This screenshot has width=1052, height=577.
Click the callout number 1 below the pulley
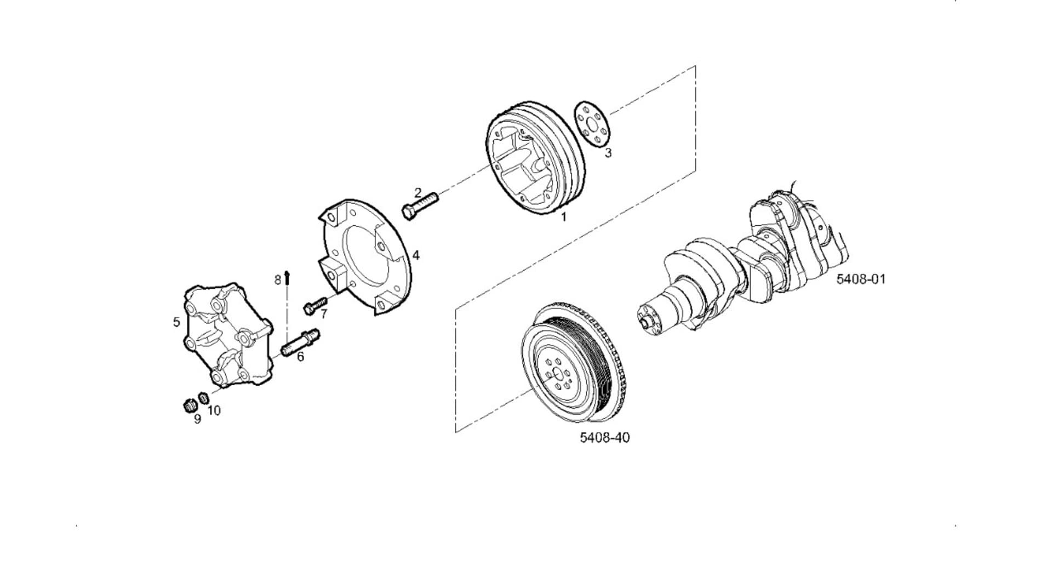pyautogui.click(x=563, y=217)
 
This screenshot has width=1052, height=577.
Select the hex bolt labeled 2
pyautogui.click(x=420, y=205)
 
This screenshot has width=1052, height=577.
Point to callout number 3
pyautogui.click(x=608, y=153)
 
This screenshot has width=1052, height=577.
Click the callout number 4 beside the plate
pyautogui.click(x=416, y=255)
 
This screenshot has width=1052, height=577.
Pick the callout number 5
pyautogui.click(x=176, y=322)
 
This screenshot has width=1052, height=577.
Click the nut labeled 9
pyautogui.click(x=190, y=405)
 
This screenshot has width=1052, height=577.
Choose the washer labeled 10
pyautogui.click(x=203, y=397)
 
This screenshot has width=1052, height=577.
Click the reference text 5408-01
pyautogui.click(x=861, y=279)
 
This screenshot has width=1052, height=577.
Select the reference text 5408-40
pyautogui.click(x=605, y=437)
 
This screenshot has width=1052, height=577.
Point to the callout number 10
pyautogui.click(x=214, y=410)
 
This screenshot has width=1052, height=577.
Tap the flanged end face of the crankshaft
pyautogui.click(x=650, y=320)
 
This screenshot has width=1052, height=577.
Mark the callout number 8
pyautogui.click(x=278, y=280)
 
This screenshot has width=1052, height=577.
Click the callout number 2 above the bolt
pyautogui.click(x=418, y=192)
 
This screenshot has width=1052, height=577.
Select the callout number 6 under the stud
pyautogui.click(x=300, y=357)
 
